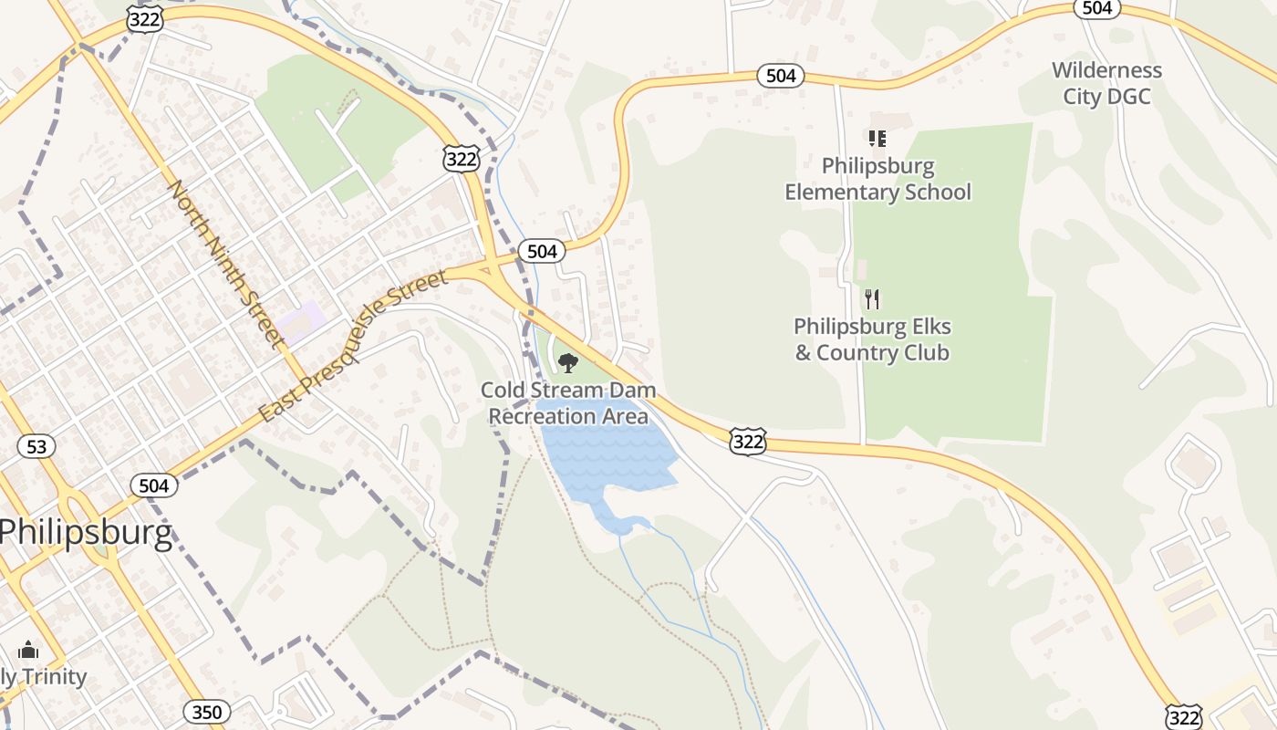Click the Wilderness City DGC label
[x=1106, y=83]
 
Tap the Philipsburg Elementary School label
[x=877, y=179]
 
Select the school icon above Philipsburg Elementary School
[x=877, y=139]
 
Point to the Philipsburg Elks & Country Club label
[x=872, y=339]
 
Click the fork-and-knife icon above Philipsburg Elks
[x=872, y=298]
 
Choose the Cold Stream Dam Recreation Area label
[x=568, y=403]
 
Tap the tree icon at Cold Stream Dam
[x=568, y=363]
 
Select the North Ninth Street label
[x=224, y=263]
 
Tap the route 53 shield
[x=36, y=446]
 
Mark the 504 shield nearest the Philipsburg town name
[x=153, y=485]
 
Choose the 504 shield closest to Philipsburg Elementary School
[x=781, y=76]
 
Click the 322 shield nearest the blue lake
[x=747, y=442]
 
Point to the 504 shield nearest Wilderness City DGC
[x=1097, y=7]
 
